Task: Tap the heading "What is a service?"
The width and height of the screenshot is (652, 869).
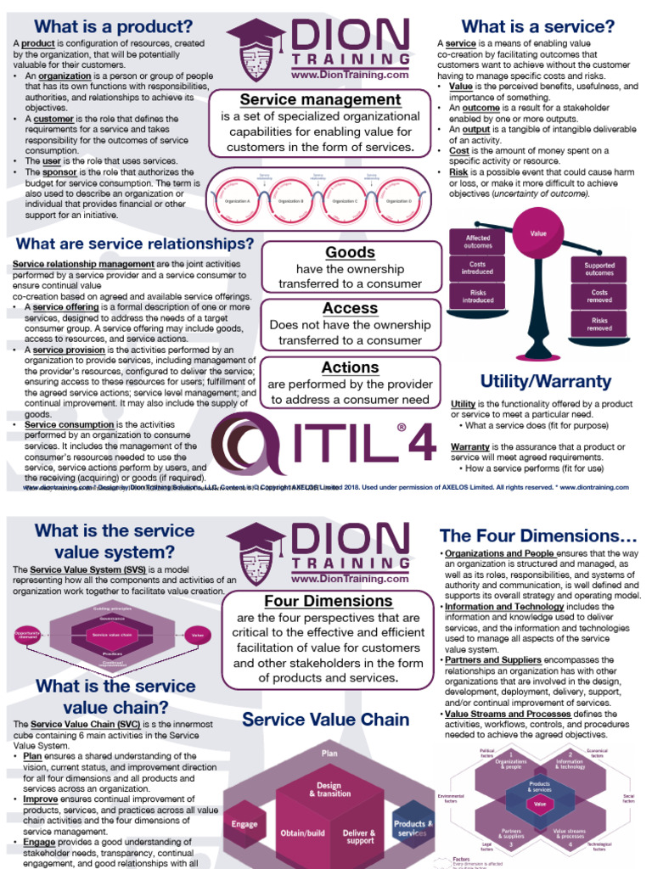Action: [x=537, y=27]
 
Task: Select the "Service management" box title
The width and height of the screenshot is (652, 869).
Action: [x=320, y=99]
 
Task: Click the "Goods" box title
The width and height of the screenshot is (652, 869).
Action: [x=350, y=252]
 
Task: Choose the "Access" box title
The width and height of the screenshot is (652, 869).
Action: [x=350, y=308]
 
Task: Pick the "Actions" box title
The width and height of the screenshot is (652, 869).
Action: [x=350, y=367]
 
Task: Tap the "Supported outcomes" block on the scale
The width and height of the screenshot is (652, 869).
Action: [x=599, y=269]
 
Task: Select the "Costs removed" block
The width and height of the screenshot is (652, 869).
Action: [x=599, y=296]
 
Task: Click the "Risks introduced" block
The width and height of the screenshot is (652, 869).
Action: [x=478, y=295]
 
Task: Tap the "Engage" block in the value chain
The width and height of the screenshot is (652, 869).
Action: [x=244, y=825]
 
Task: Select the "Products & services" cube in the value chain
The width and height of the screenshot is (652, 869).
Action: [x=413, y=828]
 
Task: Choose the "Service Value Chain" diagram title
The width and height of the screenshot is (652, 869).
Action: [x=326, y=720]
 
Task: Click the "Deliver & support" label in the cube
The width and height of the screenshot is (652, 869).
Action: [x=359, y=837]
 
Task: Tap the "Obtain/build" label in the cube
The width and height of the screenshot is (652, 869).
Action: [x=303, y=833]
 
